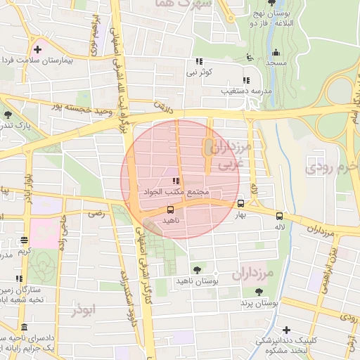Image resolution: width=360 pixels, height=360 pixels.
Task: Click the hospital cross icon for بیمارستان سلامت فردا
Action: coord(37,49)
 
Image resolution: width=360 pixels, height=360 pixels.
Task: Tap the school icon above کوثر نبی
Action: coord(200,61)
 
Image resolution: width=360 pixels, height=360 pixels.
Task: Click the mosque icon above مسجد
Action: coord(276,52)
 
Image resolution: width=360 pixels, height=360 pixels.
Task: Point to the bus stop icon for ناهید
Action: coord(170,210)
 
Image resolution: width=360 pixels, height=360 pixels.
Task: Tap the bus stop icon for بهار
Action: coord(240,200)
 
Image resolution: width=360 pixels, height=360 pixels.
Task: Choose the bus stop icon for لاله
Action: coord(280,216)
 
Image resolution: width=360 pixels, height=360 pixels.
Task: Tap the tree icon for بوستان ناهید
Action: coord(196,269)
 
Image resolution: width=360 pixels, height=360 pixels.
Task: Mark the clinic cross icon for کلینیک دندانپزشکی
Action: coord(285,330)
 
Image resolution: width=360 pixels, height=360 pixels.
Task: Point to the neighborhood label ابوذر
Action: coord(83,308)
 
